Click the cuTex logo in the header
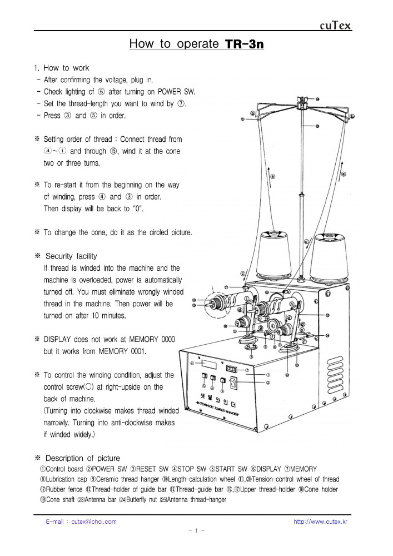(x=335, y=26)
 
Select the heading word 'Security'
(x=62, y=256)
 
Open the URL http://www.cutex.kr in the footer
(x=321, y=522)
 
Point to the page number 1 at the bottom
(x=196, y=531)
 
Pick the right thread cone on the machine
(x=330, y=259)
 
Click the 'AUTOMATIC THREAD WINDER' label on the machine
(x=218, y=410)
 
